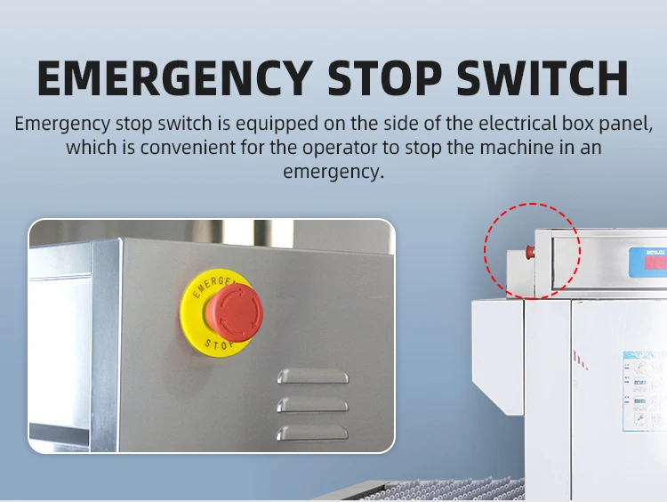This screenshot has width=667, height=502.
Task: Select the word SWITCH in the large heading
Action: click(x=543, y=79)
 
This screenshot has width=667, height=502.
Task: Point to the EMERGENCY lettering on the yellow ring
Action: click(x=213, y=284)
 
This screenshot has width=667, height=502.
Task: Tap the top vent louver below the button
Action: click(x=310, y=376)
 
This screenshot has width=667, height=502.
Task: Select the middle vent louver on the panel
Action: click(x=310, y=404)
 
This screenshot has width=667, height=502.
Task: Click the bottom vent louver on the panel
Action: click(x=310, y=433)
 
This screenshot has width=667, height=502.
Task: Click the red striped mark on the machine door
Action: click(x=581, y=360)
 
